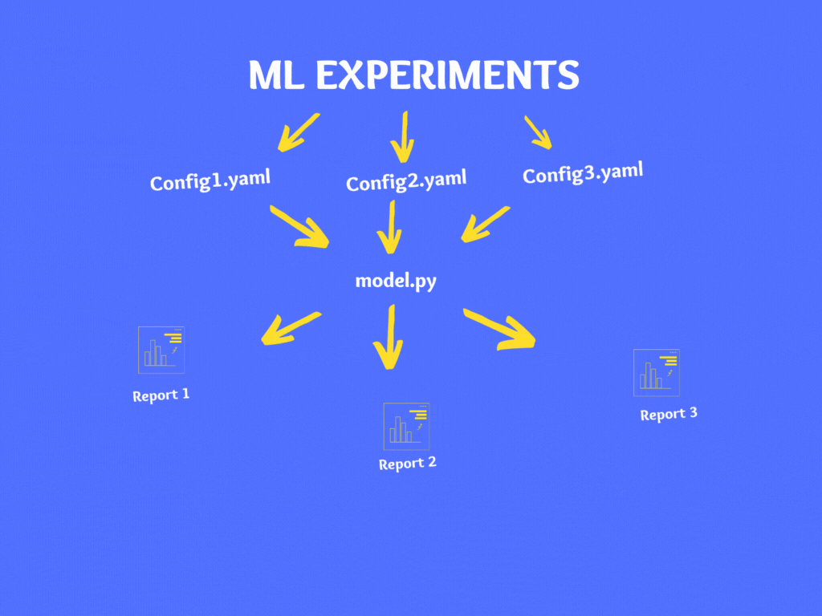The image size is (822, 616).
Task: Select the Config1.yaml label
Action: (210, 180)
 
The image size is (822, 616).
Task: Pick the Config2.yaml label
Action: (406, 180)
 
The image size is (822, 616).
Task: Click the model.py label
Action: (396, 281)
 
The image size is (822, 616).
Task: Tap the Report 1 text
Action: (161, 395)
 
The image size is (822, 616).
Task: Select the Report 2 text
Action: (408, 464)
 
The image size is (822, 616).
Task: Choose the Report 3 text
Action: (669, 414)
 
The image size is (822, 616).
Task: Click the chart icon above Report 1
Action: (161, 350)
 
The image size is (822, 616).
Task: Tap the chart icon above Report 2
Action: (406, 426)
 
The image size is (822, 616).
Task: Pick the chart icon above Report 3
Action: (657, 372)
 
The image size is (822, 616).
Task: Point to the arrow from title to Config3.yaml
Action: (539, 133)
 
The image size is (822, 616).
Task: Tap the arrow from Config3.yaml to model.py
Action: (484, 224)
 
